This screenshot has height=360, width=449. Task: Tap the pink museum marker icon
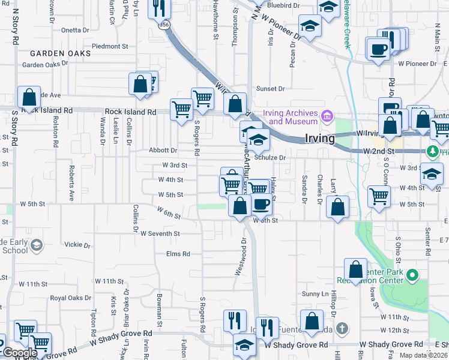pos(327,115)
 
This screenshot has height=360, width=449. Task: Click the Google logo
pos(20,353)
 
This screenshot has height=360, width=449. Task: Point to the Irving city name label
pos(319,138)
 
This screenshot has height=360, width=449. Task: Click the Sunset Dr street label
pos(271,89)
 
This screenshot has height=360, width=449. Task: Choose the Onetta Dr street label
pos(75,29)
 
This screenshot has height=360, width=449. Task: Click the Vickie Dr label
pos(77,245)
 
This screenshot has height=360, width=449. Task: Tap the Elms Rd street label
pos(178,254)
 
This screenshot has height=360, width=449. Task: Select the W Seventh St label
pos(160,233)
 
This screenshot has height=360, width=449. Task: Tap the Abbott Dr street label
pos(165,151)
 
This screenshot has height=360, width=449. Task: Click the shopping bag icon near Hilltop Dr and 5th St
pos(338,207)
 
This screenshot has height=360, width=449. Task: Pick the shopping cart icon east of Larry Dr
pos(379,196)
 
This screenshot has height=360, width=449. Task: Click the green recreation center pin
pos(412,276)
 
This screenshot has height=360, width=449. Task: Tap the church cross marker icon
pos(342,328)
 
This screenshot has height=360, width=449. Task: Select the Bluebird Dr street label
pos(283,5)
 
